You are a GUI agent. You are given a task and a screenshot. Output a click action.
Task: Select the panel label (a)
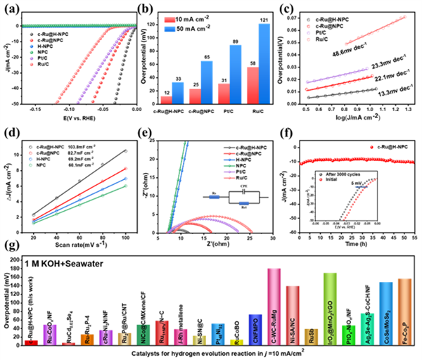(11, 9)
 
